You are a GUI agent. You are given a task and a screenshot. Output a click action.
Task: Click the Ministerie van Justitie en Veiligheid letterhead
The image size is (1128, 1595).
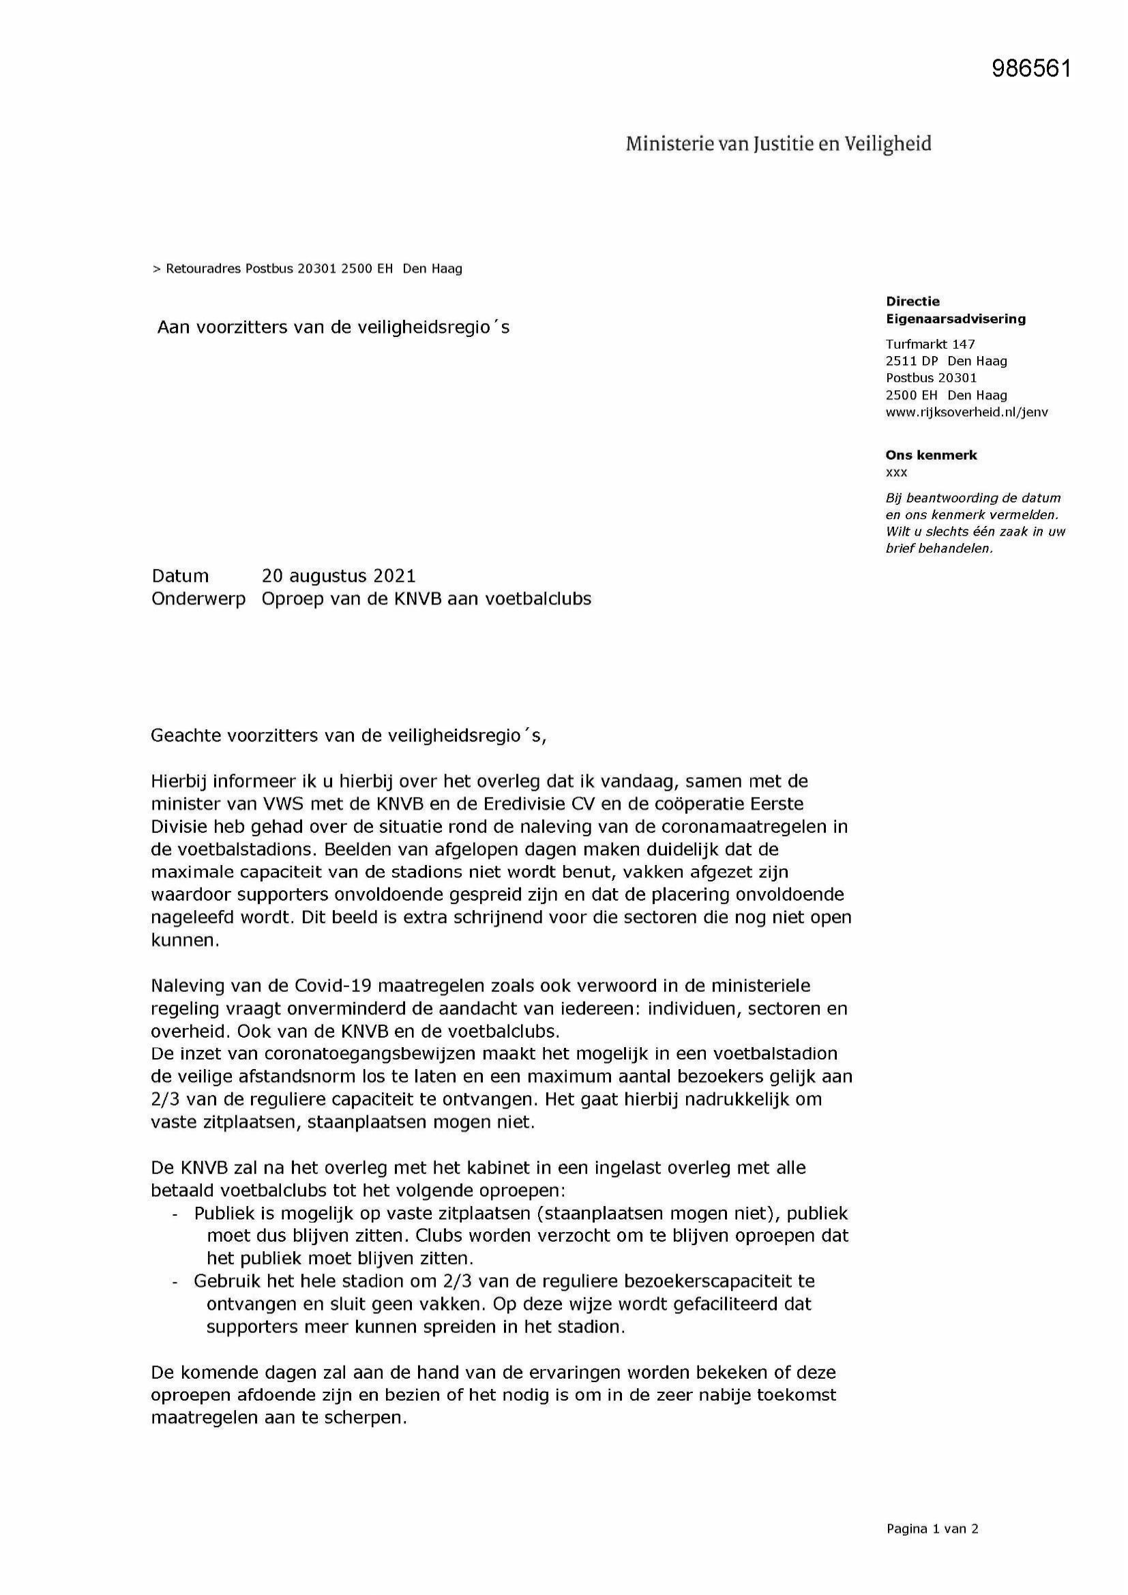coord(778,144)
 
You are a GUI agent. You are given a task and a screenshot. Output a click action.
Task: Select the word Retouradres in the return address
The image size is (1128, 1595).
coord(203,269)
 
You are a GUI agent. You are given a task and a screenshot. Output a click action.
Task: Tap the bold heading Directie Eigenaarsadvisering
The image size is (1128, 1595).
coord(955,310)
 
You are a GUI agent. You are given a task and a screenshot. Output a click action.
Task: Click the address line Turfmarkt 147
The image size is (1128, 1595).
coord(930,344)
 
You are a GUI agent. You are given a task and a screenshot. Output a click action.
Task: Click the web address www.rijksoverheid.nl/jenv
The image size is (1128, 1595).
coord(966,412)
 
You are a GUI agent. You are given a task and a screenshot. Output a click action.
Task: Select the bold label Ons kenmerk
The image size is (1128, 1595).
coord(931,456)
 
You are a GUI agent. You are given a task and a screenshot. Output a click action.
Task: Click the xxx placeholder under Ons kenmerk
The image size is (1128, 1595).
coord(896,472)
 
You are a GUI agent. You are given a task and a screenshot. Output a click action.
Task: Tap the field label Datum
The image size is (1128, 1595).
coord(180,576)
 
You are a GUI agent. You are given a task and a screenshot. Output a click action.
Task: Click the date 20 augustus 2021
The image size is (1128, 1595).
coord(338,576)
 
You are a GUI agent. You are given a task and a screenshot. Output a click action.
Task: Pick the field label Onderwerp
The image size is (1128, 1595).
coord(198,599)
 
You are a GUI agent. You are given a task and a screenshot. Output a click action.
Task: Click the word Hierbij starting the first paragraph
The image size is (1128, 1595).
coord(179,782)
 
